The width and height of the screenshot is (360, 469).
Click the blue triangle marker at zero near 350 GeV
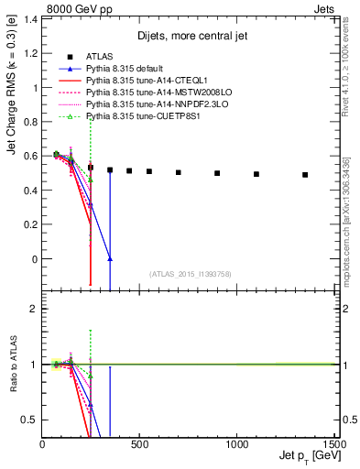pyautogui.click(x=110, y=259)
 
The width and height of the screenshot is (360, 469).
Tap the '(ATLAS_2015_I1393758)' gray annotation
pyautogui.click(x=190, y=273)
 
